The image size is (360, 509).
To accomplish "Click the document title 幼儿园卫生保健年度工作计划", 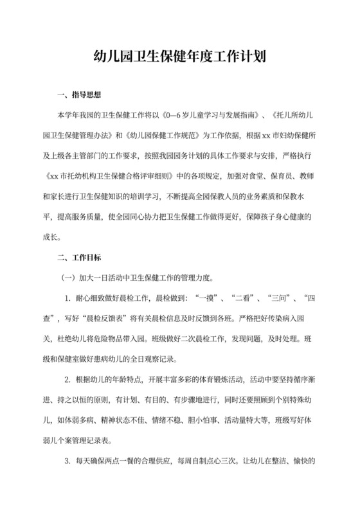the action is [x=180, y=57].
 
